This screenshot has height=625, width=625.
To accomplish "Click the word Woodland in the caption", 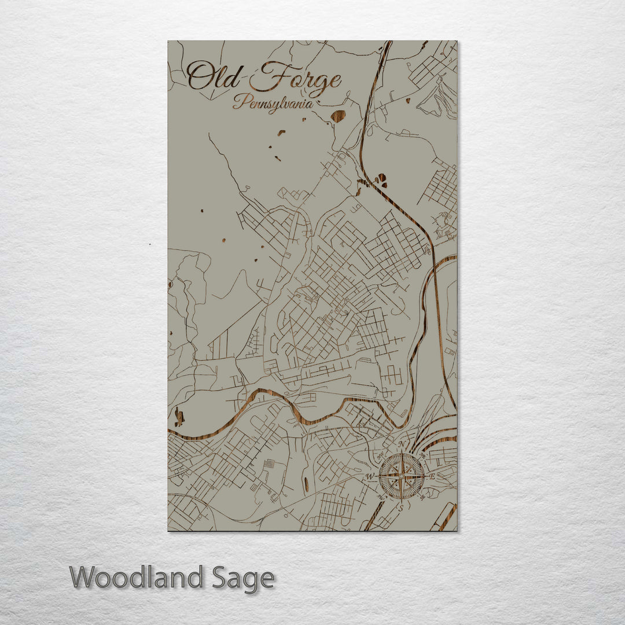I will (137, 578).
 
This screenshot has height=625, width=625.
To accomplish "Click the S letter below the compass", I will (400, 508).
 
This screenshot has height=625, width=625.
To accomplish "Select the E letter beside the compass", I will (432, 476).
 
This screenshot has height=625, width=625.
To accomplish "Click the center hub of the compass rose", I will (401, 476).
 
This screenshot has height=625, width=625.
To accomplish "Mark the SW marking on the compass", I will (380, 497).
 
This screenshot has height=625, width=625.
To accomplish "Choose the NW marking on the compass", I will (380, 457).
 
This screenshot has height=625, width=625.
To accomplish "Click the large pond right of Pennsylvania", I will (337, 116).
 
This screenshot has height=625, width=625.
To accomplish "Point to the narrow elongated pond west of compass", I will (305, 483).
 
